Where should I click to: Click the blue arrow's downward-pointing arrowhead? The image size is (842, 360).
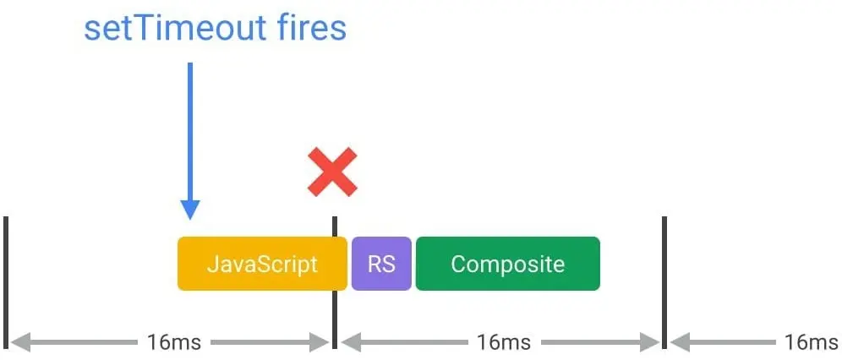[190, 209]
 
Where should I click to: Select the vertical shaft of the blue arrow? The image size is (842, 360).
[190, 127]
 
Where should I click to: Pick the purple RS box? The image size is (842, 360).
[381, 264]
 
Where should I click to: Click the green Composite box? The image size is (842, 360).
[507, 264]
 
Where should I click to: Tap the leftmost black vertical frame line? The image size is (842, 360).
[6, 282]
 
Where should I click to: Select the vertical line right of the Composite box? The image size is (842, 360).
[664, 282]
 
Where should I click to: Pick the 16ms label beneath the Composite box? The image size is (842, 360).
[503, 342]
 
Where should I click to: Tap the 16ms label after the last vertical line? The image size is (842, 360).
[809, 342]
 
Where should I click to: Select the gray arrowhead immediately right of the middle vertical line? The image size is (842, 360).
[350, 342]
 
